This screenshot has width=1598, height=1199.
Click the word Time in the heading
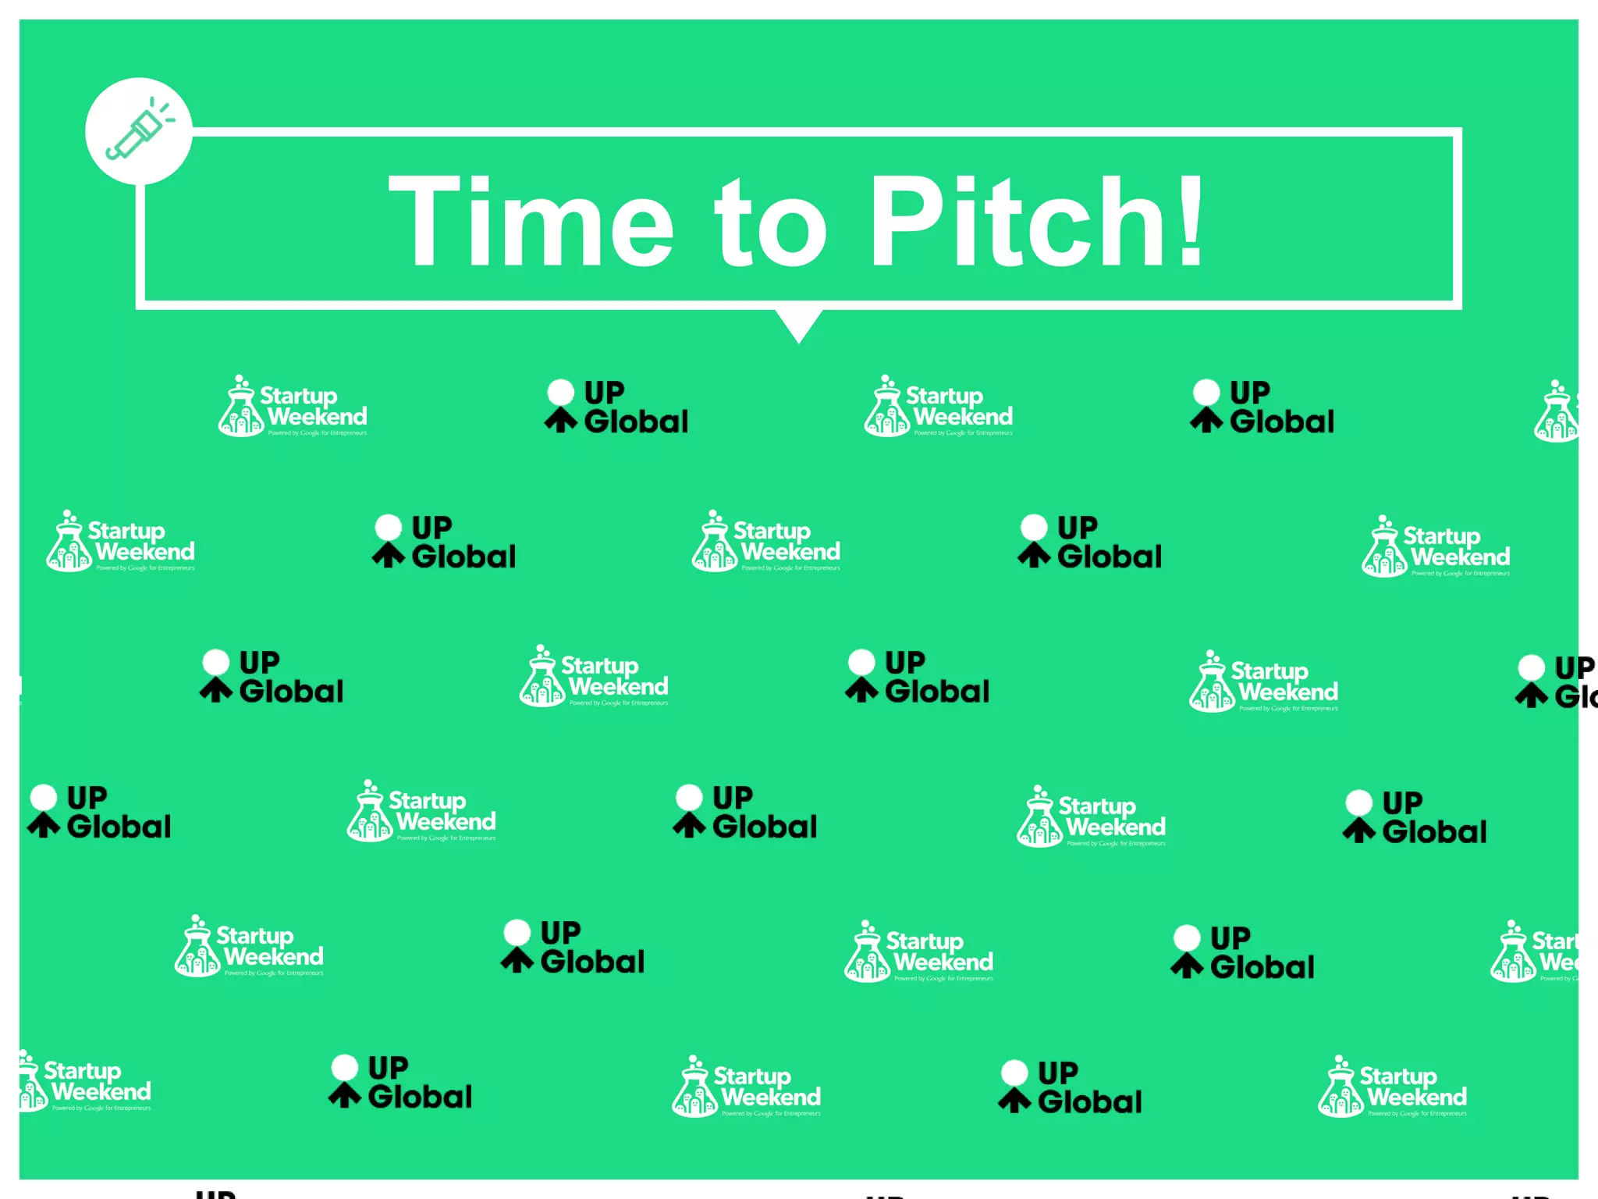pos(531,222)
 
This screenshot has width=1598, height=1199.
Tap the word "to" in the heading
pos(772,223)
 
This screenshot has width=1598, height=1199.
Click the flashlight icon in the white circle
pos(139,131)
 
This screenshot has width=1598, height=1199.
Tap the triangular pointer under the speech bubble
pos(799,324)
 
